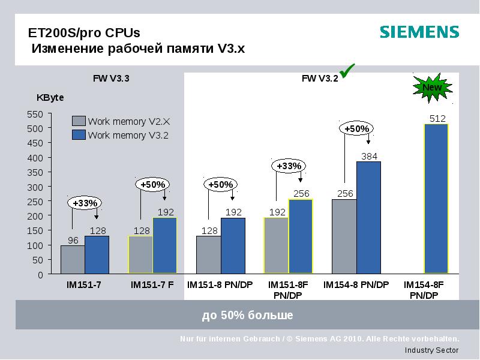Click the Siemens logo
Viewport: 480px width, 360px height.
(x=419, y=32)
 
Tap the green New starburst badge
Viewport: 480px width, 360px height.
(x=432, y=88)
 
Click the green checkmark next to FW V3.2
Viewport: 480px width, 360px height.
(x=348, y=70)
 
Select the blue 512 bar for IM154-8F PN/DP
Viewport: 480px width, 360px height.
(x=436, y=199)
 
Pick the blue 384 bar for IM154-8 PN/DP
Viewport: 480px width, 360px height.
(x=368, y=217)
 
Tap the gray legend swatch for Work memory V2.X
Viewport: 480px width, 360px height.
(x=79, y=121)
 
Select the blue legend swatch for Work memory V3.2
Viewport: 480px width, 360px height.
(x=79, y=135)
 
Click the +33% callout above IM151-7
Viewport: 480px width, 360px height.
(x=85, y=203)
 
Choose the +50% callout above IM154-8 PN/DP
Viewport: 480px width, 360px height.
(x=357, y=128)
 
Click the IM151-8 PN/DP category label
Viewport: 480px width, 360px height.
(x=220, y=285)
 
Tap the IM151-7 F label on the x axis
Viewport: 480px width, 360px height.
(x=152, y=285)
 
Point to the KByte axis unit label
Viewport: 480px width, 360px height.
(x=50, y=97)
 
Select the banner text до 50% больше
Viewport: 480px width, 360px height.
(x=247, y=315)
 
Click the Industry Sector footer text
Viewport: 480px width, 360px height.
(x=431, y=350)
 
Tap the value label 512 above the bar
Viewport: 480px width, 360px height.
(x=437, y=118)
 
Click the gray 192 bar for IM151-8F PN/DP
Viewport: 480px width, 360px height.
(x=276, y=245)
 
